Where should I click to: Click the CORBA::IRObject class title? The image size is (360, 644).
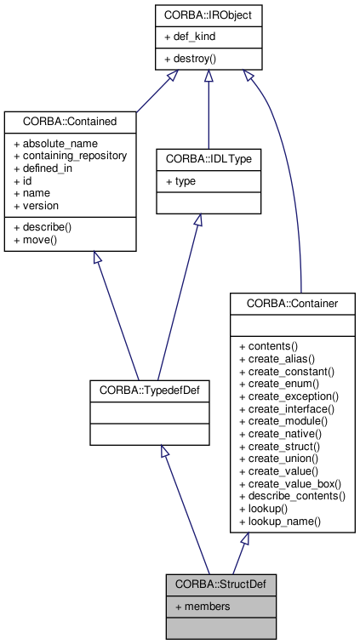click(209, 14)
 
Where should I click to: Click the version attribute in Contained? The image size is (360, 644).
click(40, 205)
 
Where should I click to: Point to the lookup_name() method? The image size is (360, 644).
click(280, 520)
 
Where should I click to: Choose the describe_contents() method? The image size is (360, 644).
click(292, 495)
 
